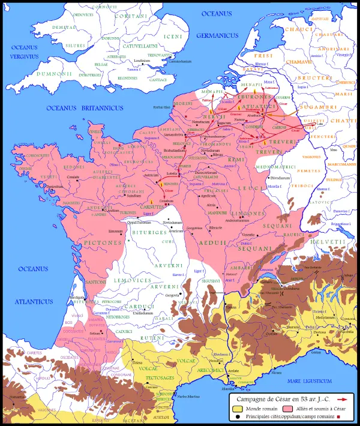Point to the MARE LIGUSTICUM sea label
tap(309, 380)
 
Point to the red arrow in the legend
tap(343, 398)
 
